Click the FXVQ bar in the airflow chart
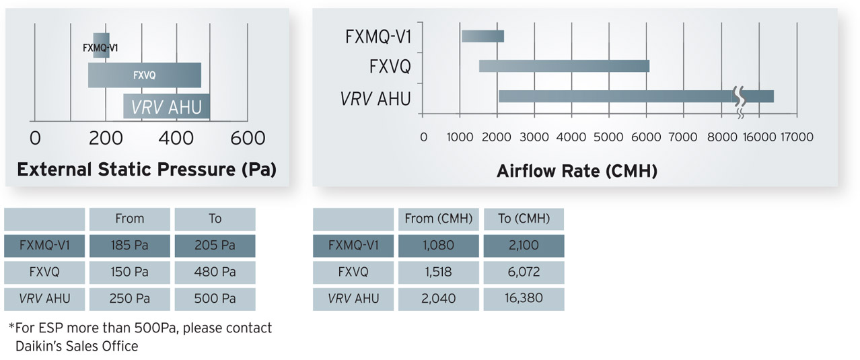click(x=564, y=66)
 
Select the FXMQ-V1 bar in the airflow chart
click(x=482, y=36)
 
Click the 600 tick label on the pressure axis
click(x=248, y=139)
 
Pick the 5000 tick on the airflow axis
click(x=610, y=137)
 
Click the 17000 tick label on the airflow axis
click(x=797, y=137)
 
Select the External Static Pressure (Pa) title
click(x=147, y=169)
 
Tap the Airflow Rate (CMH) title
click(x=577, y=172)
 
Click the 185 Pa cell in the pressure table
click(x=129, y=246)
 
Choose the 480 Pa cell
click(x=215, y=273)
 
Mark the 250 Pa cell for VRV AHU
click(x=129, y=299)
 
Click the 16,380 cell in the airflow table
click(x=524, y=299)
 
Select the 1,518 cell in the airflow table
click(x=438, y=273)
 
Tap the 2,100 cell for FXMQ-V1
click(x=524, y=246)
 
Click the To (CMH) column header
click(x=524, y=219)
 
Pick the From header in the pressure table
click(x=129, y=219)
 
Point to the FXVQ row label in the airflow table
click(x=353, y=273)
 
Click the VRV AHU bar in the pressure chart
click(x=167, y=107)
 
